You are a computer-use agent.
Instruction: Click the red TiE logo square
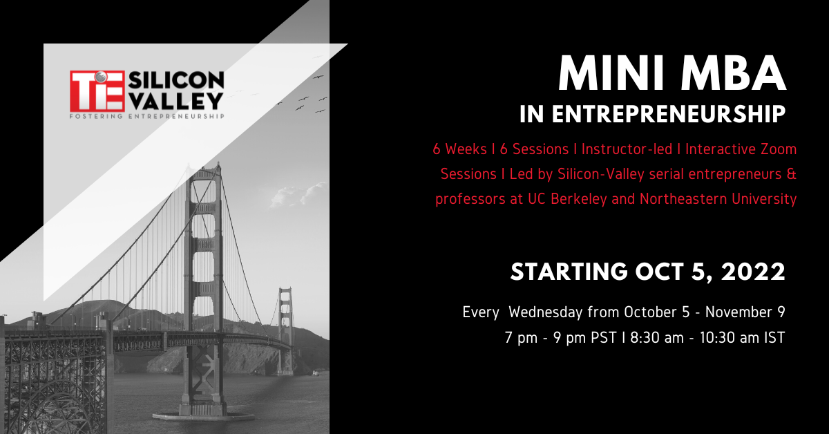click(97, 91)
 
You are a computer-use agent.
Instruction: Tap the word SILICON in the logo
click(176, 80)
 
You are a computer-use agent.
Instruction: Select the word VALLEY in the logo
click(176, 101)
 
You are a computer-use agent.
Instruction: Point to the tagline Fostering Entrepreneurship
click(147, 116)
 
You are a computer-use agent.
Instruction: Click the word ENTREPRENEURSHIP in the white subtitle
click(669, 114)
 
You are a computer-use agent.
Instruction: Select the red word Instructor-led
click(627, 149)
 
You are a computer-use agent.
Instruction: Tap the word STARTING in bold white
click(569, 272)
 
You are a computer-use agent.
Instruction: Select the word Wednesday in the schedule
click(546, 312)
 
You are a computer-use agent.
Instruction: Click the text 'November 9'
click(745, 312)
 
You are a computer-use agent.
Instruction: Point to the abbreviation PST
click(604, 338)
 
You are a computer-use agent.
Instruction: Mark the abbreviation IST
click(774, 338)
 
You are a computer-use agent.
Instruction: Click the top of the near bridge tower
click(203, 168)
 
